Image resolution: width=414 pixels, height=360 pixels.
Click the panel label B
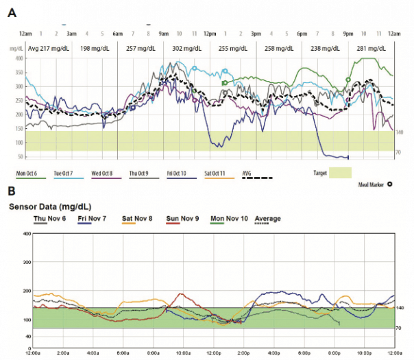point(12,191)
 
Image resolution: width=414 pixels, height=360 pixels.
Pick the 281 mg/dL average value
point(371,49)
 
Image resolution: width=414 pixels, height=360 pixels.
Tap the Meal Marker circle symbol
point(389,184)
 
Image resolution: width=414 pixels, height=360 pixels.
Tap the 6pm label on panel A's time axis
point(301,34)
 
